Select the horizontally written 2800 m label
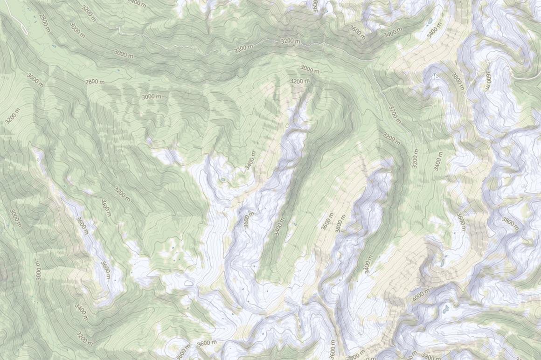point(95,82)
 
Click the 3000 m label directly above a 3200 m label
point(310,69)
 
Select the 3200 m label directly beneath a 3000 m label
point(299,81)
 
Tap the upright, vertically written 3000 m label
point(38,270)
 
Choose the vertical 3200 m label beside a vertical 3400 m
point(415,158)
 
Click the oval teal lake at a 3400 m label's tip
point(223,179)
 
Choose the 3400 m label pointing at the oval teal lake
point(250,160)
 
